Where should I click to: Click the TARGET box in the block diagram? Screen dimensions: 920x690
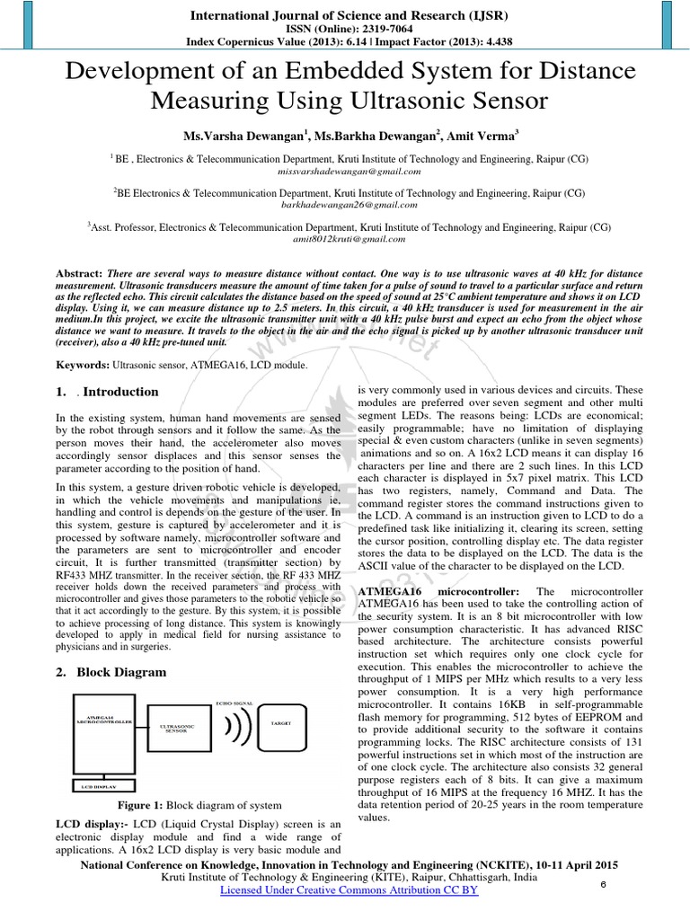coord(280,722)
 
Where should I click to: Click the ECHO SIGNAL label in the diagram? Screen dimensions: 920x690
coord(234,703)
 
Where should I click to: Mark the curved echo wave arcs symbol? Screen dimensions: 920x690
coord(236,729)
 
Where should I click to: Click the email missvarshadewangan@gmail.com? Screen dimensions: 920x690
coord(349,171)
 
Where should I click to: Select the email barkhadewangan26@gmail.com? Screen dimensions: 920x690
coord(349,205)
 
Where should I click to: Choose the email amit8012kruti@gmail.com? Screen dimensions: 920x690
coord(349,240)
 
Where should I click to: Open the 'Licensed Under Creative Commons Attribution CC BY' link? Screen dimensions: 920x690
coord(349,889)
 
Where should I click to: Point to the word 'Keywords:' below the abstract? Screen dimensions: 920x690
coord(83,365)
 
